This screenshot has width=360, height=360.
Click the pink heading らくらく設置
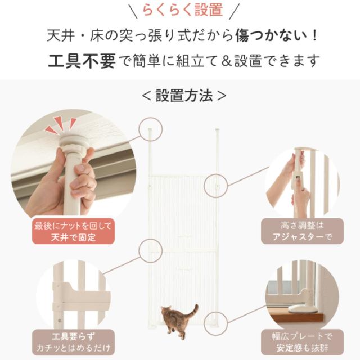(x=182, y=10)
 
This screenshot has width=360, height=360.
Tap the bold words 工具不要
(x=82, y=61)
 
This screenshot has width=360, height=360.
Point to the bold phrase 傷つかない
(x=271, y=35)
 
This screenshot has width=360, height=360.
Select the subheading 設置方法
(x=184, y=95)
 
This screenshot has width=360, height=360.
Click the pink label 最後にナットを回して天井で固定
(x=73, y=231)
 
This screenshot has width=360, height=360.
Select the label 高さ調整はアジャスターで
(x=302, y=231)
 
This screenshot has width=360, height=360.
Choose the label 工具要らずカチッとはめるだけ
(x=73, y=342)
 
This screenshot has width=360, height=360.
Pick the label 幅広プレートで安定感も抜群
(x=302, y=342)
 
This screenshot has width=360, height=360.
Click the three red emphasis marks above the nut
(x=61, y=125)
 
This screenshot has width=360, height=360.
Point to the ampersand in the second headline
(x=226, y=61)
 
